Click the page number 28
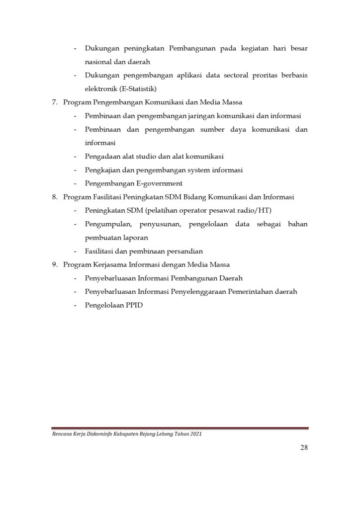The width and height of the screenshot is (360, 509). click(304, 447)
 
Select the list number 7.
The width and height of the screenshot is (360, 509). click(55, 102)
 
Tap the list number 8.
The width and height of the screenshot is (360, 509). click(55, 197)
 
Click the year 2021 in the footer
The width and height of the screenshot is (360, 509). click(195, 433)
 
